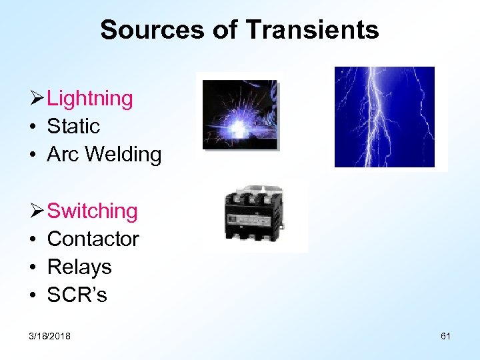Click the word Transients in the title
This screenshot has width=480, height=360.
click(x=312, y=30)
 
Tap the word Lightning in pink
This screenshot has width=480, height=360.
click(x=90, y=99)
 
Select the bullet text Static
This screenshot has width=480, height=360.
click(x=73, y=126)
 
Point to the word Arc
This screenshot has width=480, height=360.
click(x=63, y=155)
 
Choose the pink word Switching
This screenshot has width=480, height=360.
click(x=93, y=211)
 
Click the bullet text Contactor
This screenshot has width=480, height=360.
click(x=93, y=239)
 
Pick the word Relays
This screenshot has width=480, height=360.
click(x=79, y=267)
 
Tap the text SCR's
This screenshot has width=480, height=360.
click(x=77, y=295)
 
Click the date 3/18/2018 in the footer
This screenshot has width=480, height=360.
click(x=49, y=336)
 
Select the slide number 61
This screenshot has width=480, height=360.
click(x=445, y=336)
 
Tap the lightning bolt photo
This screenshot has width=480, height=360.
click(x=384, y=117)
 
